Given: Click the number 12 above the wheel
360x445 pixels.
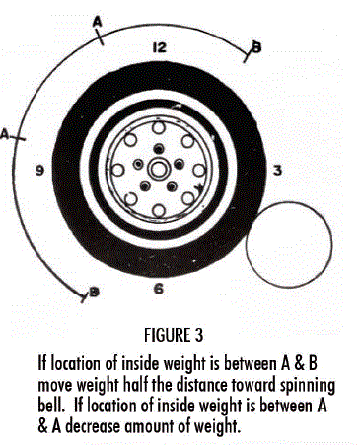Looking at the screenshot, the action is click(x=162, y=46).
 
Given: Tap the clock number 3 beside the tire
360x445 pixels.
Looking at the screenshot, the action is click(x=277, y=170).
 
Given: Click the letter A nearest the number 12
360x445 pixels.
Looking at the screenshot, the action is click(x=96, y=19).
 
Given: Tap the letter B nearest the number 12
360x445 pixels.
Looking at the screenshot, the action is click(x=256, y=46).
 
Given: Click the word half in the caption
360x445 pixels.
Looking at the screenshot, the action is click(x=137, y=381).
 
